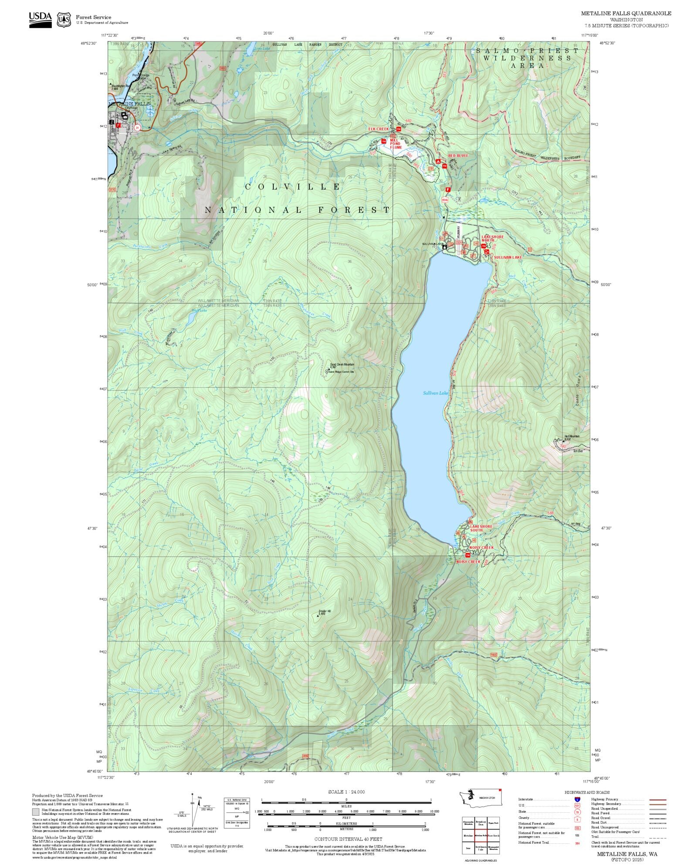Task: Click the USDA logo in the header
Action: click(x=40, y=20)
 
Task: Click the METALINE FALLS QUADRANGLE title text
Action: click(x=626, y=14)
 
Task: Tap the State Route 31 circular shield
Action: click(x=138, y=128)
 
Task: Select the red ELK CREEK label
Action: click(x=378, y=129)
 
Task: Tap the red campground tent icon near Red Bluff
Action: click(x=438, y=161)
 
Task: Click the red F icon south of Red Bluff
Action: click(x=447, y=189)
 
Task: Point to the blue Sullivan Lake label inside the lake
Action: click(x=435, y=393)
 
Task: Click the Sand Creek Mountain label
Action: click(x=342, y=364)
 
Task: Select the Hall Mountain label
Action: click(x=572, y=436)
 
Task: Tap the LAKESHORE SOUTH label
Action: click(x=481, y=528)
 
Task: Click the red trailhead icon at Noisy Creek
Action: click(x=468, y=555)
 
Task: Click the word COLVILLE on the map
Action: click(x=292, y=187)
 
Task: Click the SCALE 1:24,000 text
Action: click(x=346, y=792)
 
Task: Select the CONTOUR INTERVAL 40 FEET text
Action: click(x=348, y=839)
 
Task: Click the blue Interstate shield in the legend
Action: click(x=577, y=800)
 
